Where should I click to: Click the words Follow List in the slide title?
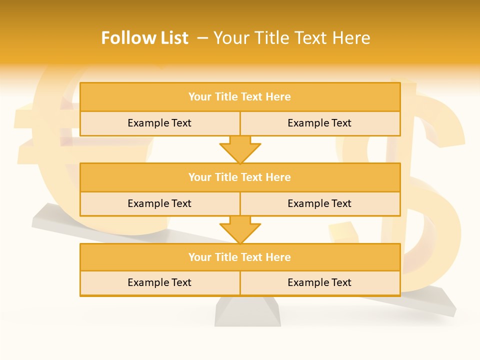tap(144, 38)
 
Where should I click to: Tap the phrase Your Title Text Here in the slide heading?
tap(291, 38)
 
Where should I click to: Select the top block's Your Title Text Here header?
tap(239, 97)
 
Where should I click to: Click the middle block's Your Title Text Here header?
tap(239, 177)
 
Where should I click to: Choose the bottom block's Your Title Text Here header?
tap(239, 257)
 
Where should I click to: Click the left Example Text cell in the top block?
tap(159, 123)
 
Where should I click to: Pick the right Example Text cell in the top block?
tap(319, 123)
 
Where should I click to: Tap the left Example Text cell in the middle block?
tap(159, 203)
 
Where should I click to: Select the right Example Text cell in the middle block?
tap(319, 203)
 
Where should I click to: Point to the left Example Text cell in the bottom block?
tap(159, 282)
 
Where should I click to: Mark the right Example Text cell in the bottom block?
tap(319, 282)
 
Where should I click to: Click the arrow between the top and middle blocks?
tap(240, 149)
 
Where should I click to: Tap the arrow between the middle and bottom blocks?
tap(240, 229)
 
